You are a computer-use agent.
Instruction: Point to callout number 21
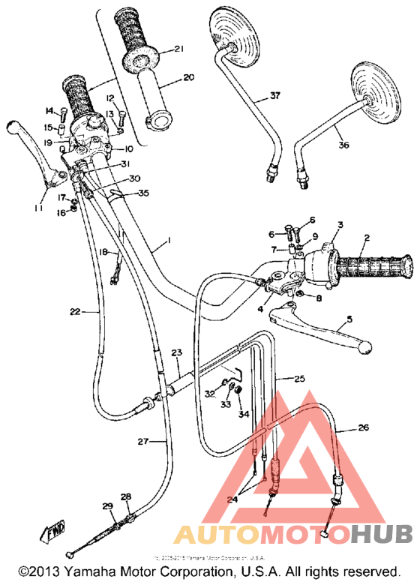pos(178,49)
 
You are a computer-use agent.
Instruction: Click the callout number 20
pos(187,76)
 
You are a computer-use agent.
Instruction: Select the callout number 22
pos(75,310)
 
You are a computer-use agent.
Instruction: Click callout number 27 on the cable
pos(143,442)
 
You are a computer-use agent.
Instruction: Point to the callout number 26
pos(363,428)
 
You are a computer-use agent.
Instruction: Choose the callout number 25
pos(299,379)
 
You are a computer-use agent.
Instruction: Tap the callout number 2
pos(366,238)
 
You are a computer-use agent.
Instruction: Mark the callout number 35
pos(143,193)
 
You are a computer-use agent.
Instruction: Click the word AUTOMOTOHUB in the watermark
pos(293,534)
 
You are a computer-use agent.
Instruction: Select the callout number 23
pos(177,352)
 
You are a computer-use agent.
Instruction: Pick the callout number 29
pos(106,507)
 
